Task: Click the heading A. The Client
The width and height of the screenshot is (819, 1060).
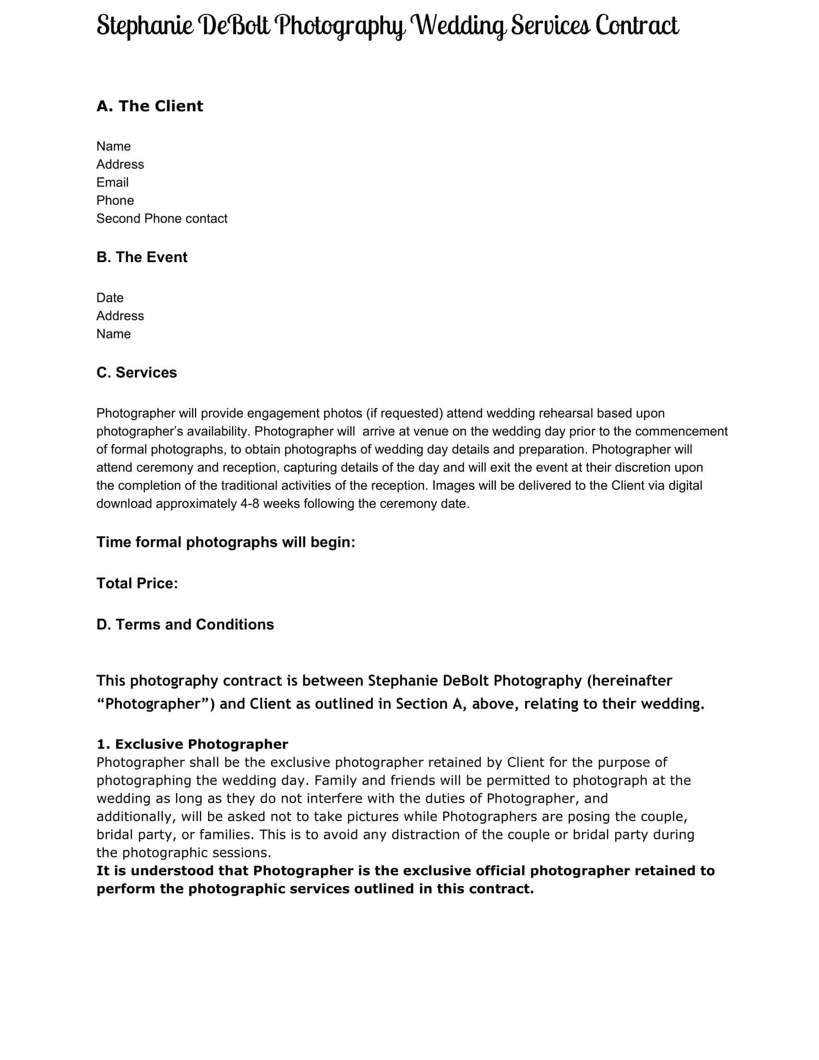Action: tap(149, 106)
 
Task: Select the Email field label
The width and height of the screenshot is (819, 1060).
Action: tap(112, 183)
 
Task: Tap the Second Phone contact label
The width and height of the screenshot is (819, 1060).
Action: tap(161, 218)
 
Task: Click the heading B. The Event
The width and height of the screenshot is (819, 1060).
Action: tap(142, 257)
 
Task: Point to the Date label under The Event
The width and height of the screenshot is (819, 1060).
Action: tap(110, 297)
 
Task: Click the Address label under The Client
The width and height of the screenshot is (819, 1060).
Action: tap(120, 164)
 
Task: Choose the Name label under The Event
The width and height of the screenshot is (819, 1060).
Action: tap(113, 334)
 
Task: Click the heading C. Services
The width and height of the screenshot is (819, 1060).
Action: tap(136, 373)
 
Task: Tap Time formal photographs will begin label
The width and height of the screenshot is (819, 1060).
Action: tap(225, 542)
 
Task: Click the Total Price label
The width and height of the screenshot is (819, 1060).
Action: tap(137, 583)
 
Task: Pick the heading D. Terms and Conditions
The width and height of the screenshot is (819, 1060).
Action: tap(185, 624)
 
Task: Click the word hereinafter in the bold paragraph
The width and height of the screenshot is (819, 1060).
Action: tap(629, 681)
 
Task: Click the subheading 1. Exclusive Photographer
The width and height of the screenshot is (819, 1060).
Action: tap(192, 744)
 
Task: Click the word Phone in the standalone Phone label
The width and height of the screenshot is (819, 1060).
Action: tap(115, 200)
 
